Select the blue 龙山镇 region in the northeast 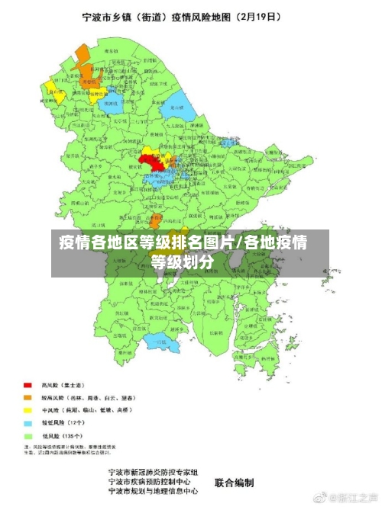pyautogui.click(x=176, y=104)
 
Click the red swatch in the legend pyautogui.click(x=28, y=385)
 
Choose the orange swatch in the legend pyautogui.click(x=28, y=398)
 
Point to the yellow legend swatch pyautogui.click(x=28, y=410)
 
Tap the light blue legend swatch pyautogui.click(x=28, y=422)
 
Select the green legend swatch pyautogui.click(x=28, y=435)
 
